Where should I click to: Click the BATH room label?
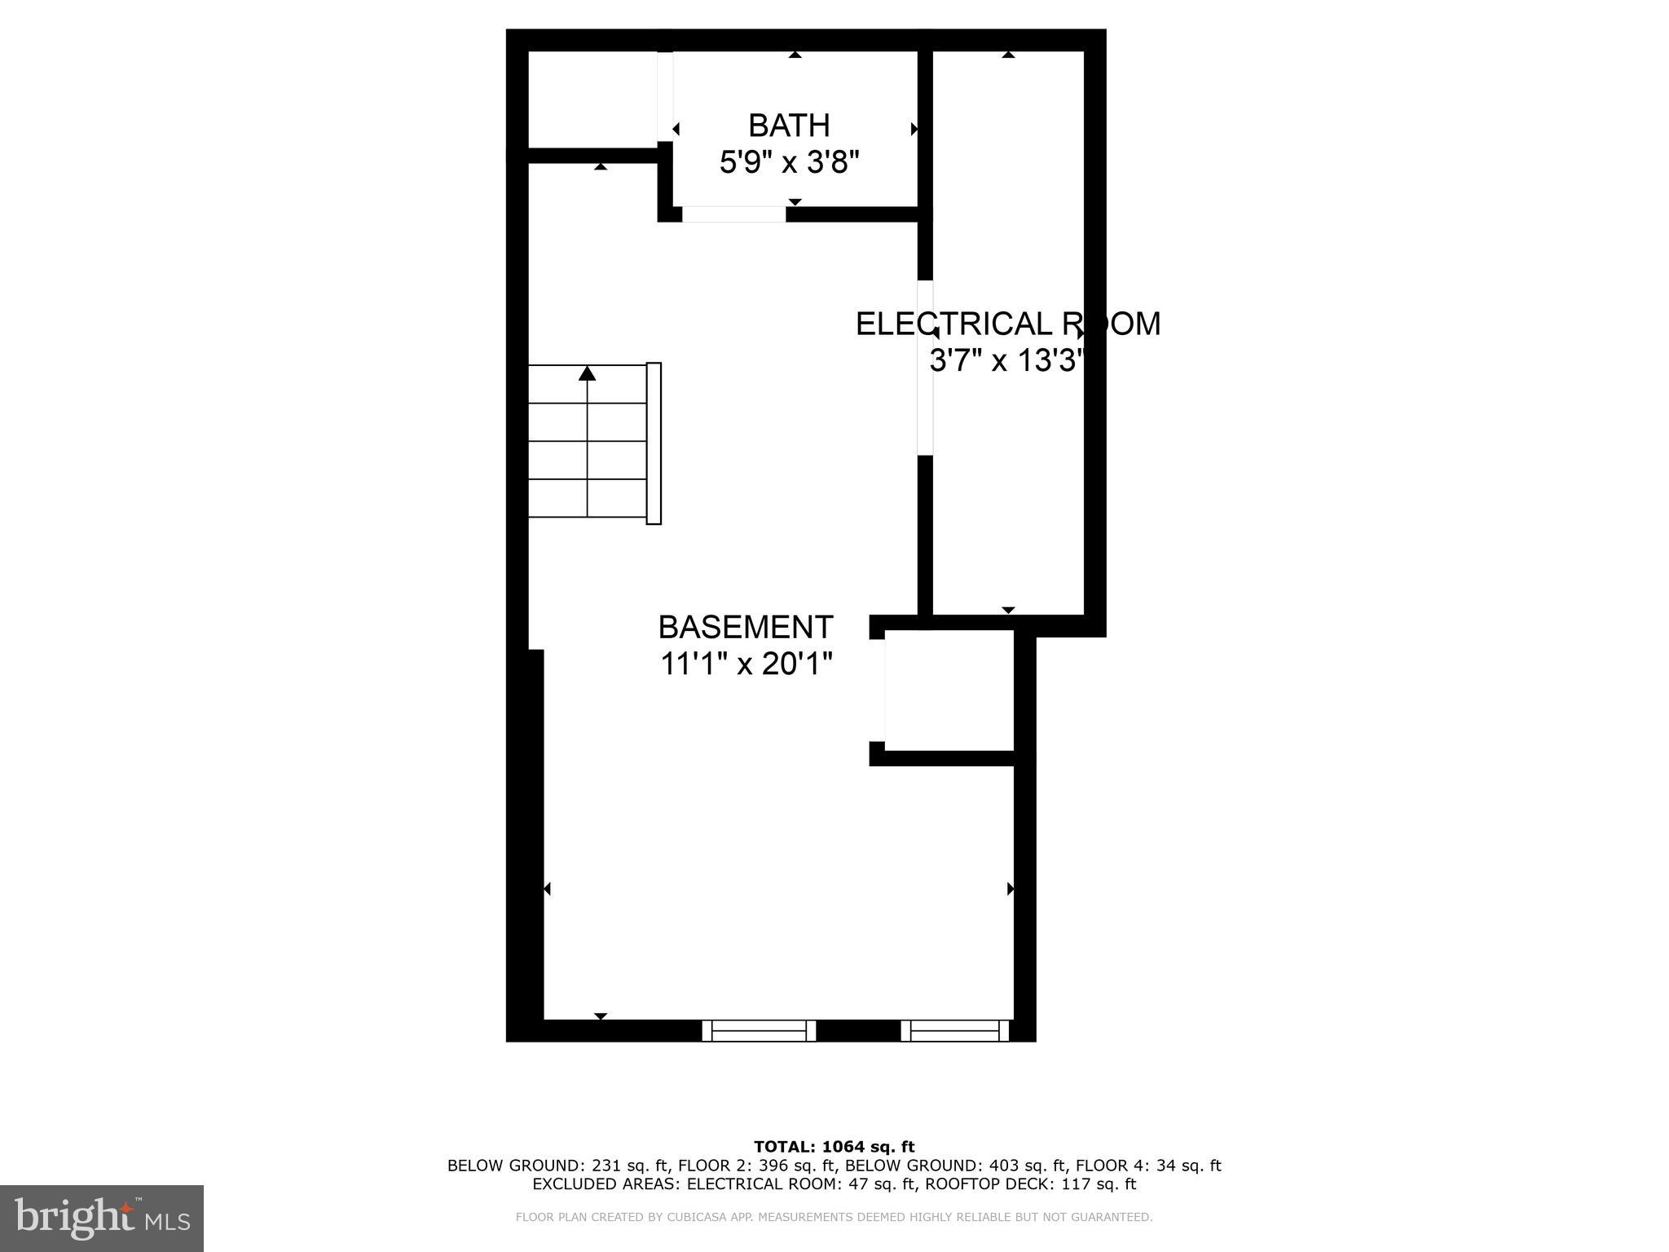coord(789,126)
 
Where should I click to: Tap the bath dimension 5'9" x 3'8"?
coord(789,162)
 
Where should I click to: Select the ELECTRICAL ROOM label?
coord(1007,324)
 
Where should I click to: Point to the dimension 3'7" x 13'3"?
coord(1007,359)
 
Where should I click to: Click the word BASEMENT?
coord(746,627)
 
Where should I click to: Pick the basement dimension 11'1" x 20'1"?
coord(746,664)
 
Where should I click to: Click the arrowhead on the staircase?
coord(587,373)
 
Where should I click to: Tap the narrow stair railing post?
coord(654,443)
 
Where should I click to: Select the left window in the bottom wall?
coord(759,1031)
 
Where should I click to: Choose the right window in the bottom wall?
coord(955,1031)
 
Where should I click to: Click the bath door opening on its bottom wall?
coord(733,214)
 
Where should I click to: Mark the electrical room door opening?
coord(925,368)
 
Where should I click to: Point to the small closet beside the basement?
coord(949,690)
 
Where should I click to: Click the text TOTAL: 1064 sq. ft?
coord(834,1147)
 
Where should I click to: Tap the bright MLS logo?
coord(101,1218)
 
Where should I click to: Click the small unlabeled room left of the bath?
coord(592,99)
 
